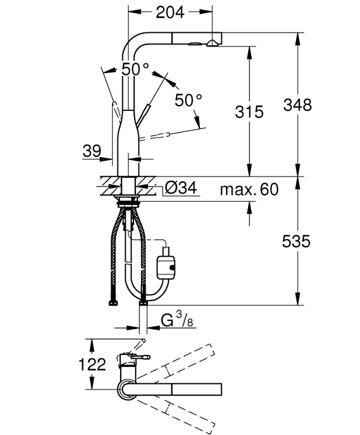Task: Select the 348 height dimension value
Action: point(297,105)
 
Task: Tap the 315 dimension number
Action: point(249,112)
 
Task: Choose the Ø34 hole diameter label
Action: point(180,188)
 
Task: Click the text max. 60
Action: point(249,189)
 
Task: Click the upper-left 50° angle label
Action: point(135,69)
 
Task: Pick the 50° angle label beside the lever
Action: point(188,100)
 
